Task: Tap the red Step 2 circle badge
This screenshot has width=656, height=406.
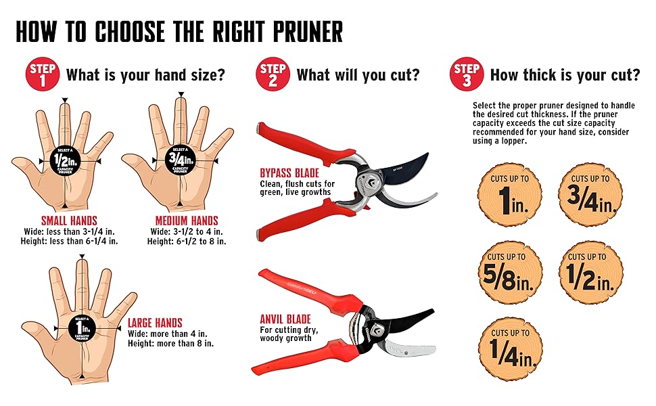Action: pos(273,74)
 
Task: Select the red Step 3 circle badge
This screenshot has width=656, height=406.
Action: pos(467,74)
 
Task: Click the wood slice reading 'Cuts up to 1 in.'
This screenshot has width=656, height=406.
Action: pos(510,194)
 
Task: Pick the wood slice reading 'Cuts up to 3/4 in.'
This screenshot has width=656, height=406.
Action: pos(590,194)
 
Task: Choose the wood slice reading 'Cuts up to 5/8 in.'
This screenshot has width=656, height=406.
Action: pos(510,272)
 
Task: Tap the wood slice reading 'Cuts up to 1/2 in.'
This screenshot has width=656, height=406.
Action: pos(590,272)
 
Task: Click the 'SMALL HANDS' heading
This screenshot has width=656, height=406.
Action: pos(69,221)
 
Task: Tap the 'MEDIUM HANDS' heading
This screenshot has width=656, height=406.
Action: pos(187,221)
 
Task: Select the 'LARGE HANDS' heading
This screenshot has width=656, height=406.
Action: pos(155,323)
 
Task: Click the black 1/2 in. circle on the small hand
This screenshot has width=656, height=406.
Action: pos(63,161)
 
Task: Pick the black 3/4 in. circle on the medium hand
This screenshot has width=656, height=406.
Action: pos(180,161)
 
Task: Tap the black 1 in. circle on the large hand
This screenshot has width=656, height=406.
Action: pos(82,329)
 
